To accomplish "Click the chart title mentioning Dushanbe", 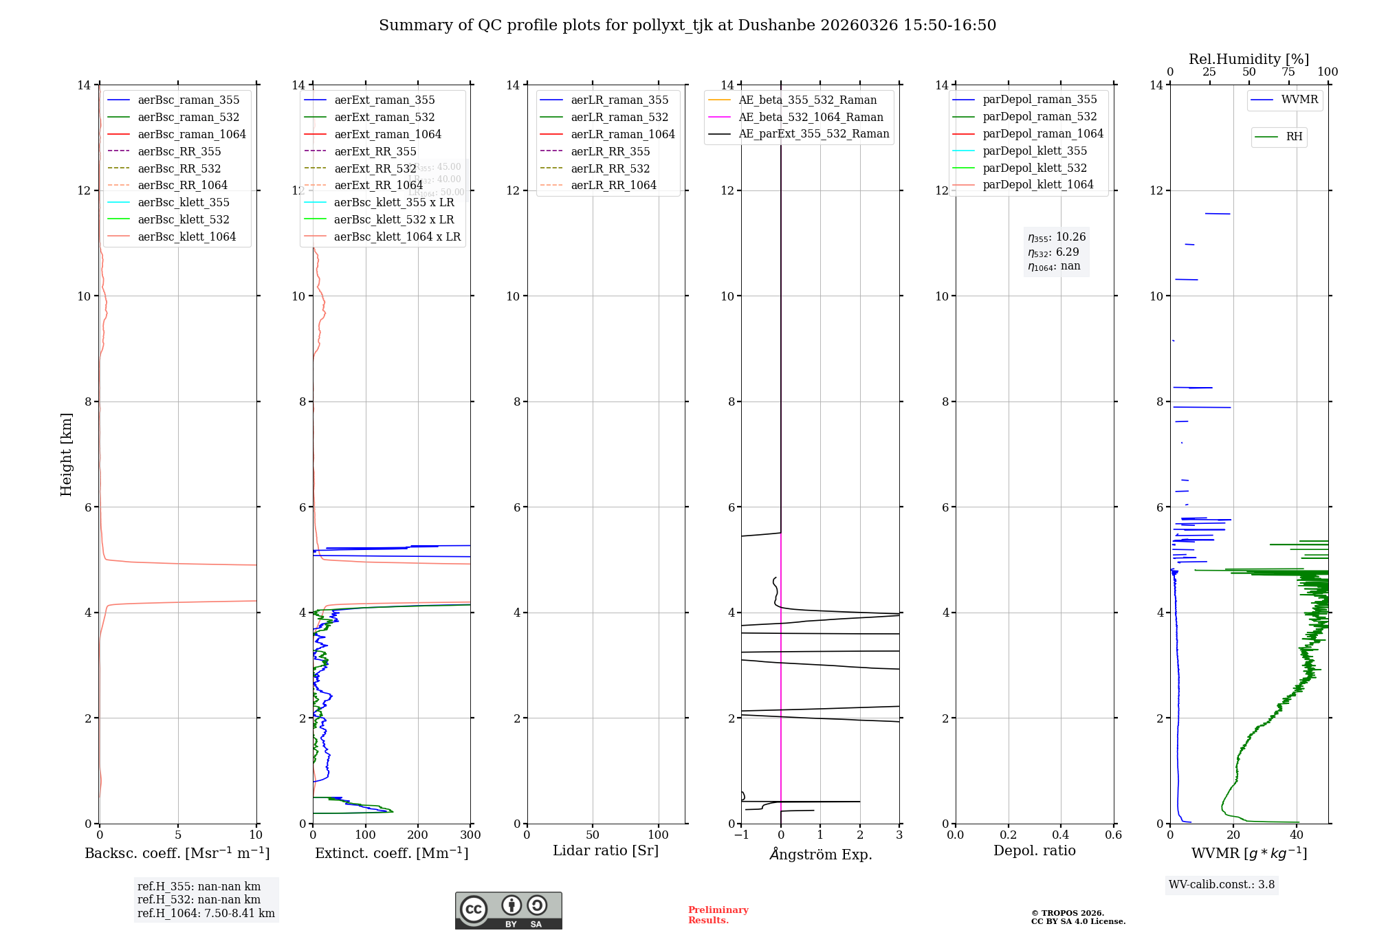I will (687, 25).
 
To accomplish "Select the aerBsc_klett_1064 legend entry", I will (186, 236).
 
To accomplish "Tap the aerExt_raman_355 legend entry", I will (384, 100).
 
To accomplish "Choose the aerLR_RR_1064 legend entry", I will (613, 186).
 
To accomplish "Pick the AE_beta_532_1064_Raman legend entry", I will (811, 118).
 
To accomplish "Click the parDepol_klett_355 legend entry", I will (1035, 151).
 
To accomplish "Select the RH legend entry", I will (1294, 137).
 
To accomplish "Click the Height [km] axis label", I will (66, 454).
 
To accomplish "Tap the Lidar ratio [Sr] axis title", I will (606, 850).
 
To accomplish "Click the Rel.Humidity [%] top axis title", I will (1248, 59).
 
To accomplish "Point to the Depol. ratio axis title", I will (1034, 850).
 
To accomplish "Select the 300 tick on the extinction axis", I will (470, 835).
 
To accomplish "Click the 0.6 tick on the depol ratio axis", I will (1113, 835).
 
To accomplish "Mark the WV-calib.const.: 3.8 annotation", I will (1222, 885).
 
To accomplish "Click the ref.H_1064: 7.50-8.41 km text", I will (206, 914).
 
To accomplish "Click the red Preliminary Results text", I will (718, 915).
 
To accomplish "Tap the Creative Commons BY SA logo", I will (508, 910).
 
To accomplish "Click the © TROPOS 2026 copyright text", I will (1077, 917).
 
